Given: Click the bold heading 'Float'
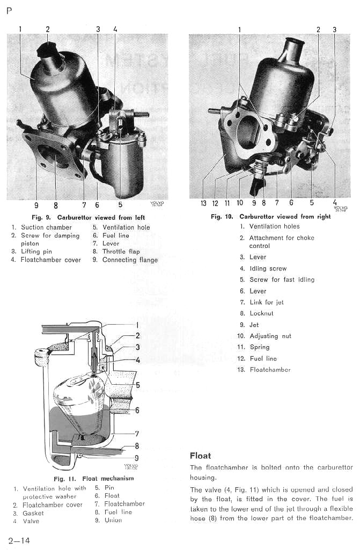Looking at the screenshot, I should pos(200,456).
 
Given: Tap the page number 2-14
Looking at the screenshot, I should pos(19,540).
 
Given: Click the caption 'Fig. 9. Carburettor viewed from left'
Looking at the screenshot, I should pos(89,217).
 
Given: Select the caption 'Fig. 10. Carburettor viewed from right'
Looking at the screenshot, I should pos(270,217).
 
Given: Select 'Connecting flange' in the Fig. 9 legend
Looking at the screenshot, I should pos(130,260).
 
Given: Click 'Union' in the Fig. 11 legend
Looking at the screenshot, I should pos(113,520).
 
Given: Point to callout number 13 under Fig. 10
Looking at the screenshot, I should pos(203,203).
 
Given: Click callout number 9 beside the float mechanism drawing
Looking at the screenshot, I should pos(137,458).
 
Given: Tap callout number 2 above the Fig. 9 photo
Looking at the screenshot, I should pos(47,30).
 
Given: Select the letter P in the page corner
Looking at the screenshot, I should pos(9,11).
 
